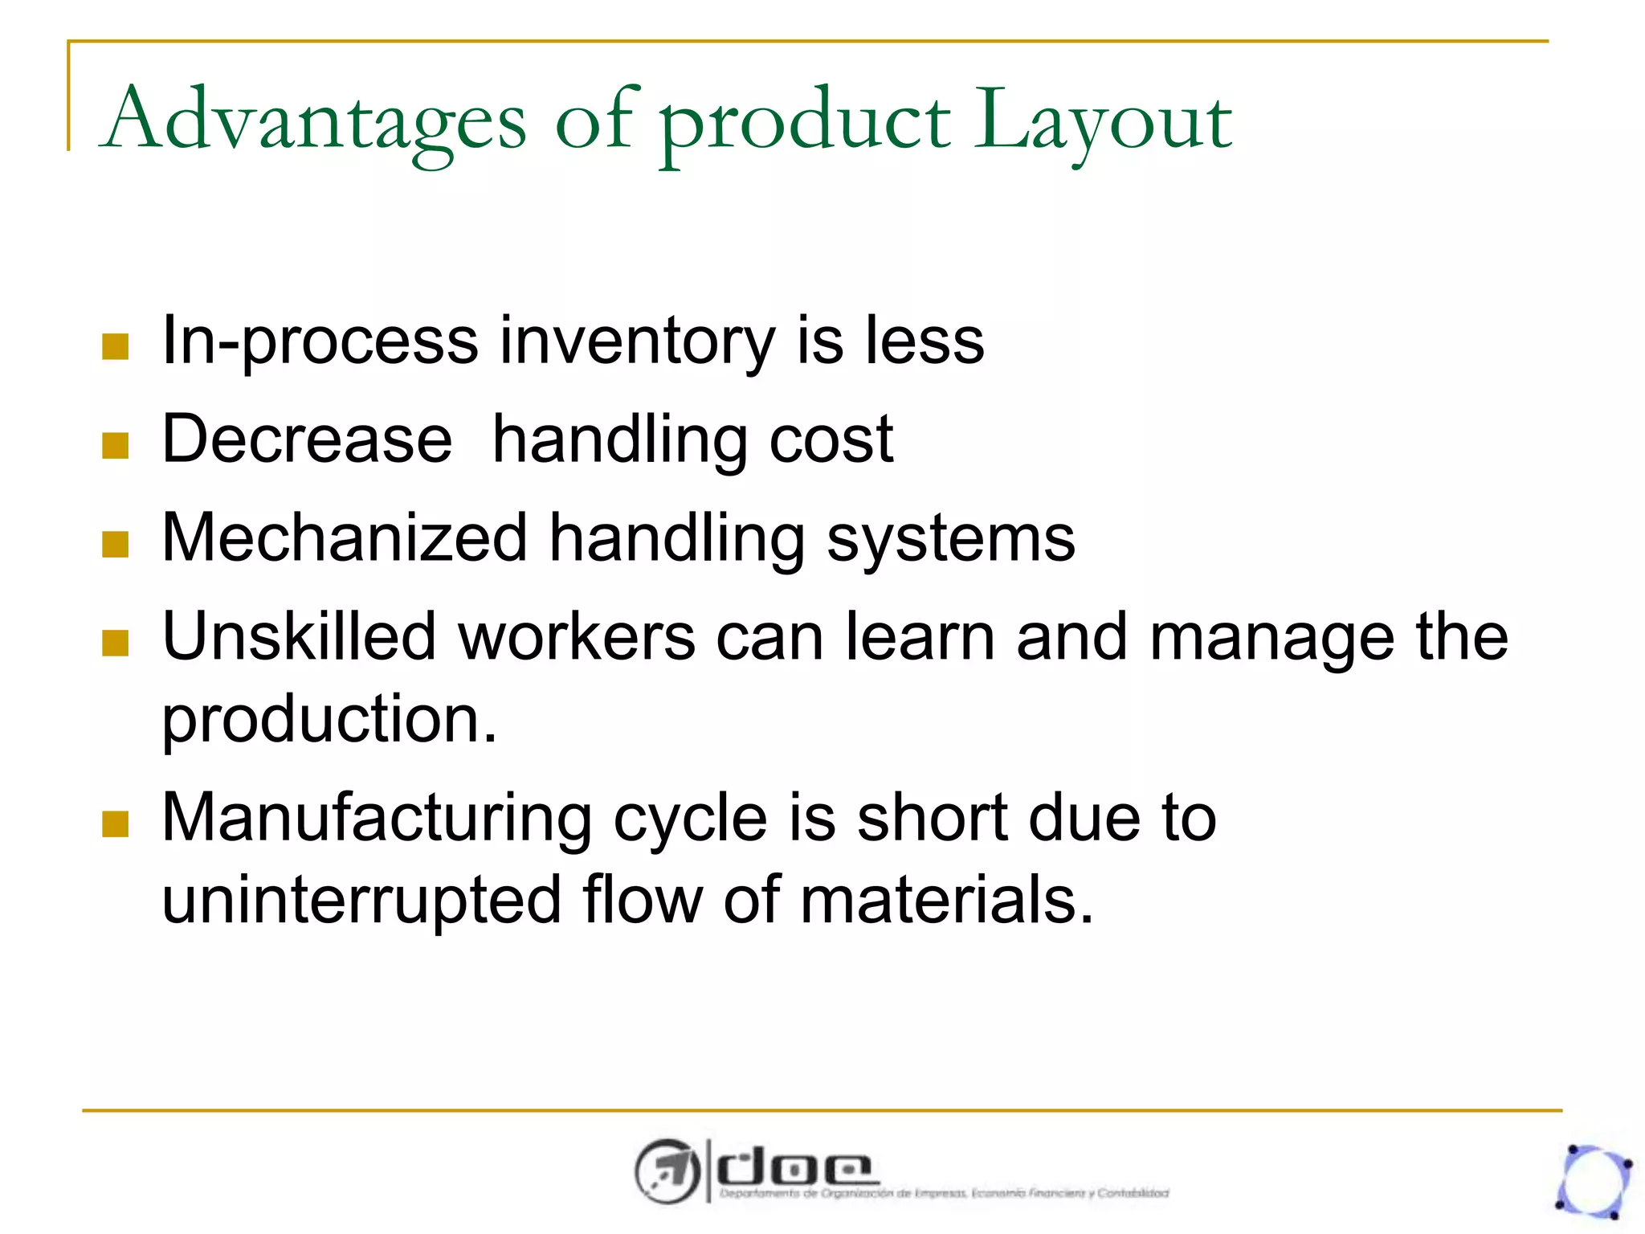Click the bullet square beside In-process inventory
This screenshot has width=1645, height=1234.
point(116,347)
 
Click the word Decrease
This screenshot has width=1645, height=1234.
point(307,439)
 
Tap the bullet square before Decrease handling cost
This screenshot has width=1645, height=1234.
point(116,445)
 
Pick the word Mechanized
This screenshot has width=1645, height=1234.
point(345,538)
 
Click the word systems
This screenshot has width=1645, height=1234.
point(950,540)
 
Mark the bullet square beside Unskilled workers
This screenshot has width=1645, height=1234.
point(116,643)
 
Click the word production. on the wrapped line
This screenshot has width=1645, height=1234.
point(329,719)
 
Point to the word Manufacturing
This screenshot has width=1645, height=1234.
point(377,818)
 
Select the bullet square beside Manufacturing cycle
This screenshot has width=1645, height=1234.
point(116,823)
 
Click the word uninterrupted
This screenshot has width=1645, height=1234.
point(361,900)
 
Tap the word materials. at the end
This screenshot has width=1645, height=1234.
point(947,900)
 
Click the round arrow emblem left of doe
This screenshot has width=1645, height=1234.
point(667,1171)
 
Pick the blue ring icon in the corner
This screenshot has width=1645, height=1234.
point(1594,1181)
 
